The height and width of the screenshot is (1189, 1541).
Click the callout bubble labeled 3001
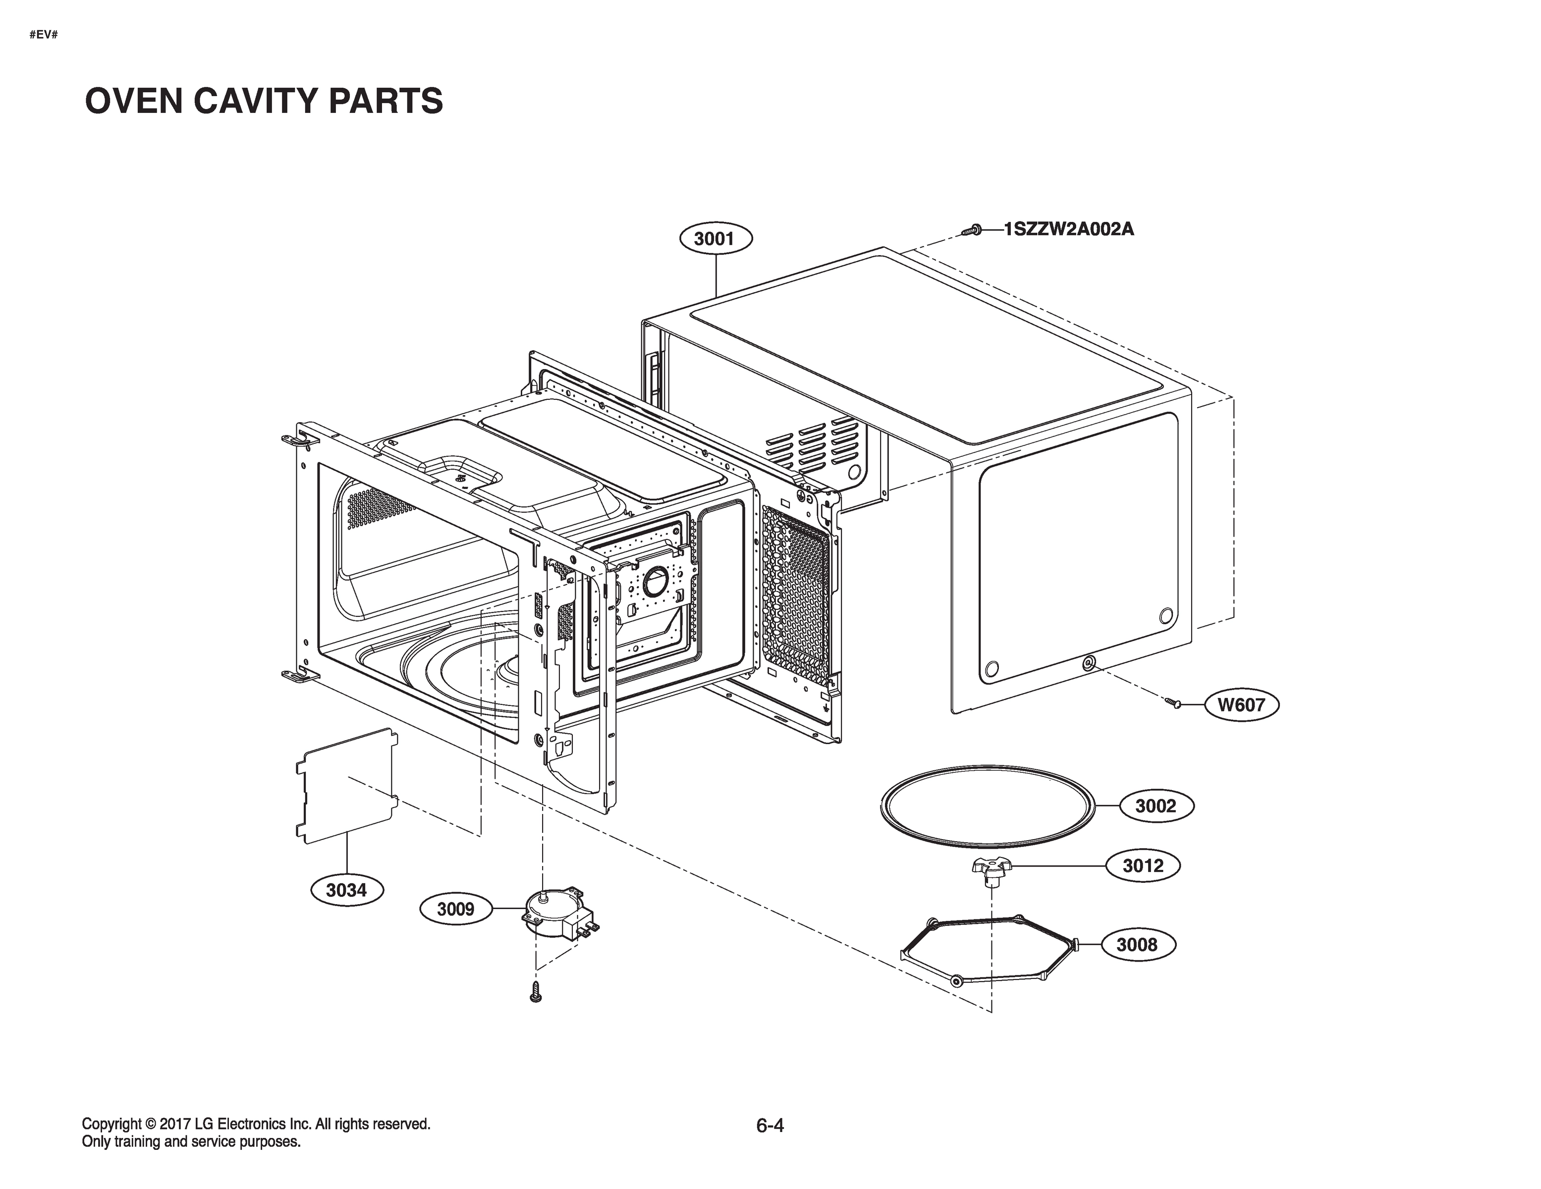(715, 239)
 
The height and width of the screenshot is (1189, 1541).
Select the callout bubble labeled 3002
(1156, 806)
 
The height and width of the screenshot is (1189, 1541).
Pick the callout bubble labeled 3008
(1137, 945)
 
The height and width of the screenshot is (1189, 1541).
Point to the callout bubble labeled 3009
(455, 910)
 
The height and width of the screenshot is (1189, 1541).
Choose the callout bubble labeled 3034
(346, 891)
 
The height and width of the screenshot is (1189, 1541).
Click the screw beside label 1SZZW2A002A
(972, 230)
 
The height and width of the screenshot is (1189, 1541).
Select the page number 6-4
(770, 1126)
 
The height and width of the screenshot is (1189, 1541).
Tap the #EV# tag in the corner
(44, 35)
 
